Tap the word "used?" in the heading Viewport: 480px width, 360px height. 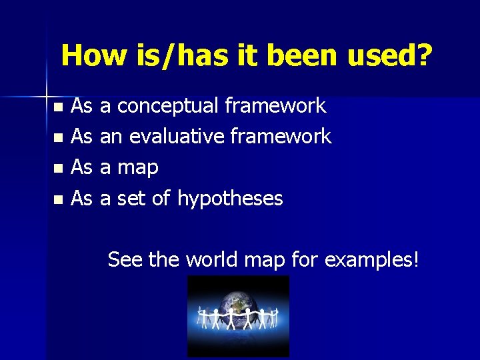(x=389, y=55)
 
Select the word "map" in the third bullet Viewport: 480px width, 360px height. (x=137, y=168)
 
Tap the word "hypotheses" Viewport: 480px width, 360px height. (x=230, y=198)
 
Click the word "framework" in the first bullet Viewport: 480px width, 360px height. (x=275, y=105)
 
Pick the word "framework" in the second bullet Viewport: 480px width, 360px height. (x=281, y=137)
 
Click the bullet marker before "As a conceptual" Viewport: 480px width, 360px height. (x=59, y=107)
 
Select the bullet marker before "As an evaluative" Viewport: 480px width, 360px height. (x=59, y=138)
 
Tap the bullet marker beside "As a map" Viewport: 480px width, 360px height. (x=59, y=169)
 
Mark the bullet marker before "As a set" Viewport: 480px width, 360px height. (x=59, y=199)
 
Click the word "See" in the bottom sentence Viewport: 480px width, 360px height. (x=125, y=259)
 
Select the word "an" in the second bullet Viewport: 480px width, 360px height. (x=111, y=137)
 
